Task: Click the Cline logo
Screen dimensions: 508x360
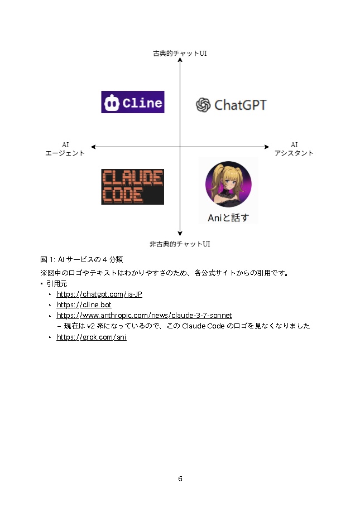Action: (132, 102)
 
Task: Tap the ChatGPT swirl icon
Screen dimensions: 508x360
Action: (203, 105)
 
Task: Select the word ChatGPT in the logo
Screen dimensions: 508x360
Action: (241, 105)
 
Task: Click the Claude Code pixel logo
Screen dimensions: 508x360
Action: (132, 187)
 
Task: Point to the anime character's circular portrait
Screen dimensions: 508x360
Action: (228, 183)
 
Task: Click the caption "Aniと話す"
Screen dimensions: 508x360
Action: (228, 217)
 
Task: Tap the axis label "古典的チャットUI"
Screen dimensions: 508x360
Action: (180, 54)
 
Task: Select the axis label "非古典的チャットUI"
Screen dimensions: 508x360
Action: (180, 244)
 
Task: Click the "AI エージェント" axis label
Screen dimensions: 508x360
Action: (65, 149)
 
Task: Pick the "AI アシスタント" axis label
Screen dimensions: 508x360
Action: (294, 149)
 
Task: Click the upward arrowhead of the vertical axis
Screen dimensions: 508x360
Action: (180, 61)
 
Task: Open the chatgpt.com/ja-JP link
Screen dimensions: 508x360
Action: (99, 294)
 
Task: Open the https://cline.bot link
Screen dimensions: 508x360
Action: (84, 305)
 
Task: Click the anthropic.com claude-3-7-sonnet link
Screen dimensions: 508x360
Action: (144, 316)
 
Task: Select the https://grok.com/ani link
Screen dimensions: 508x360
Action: (92, 337)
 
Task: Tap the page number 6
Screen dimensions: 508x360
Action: (180, 479)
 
